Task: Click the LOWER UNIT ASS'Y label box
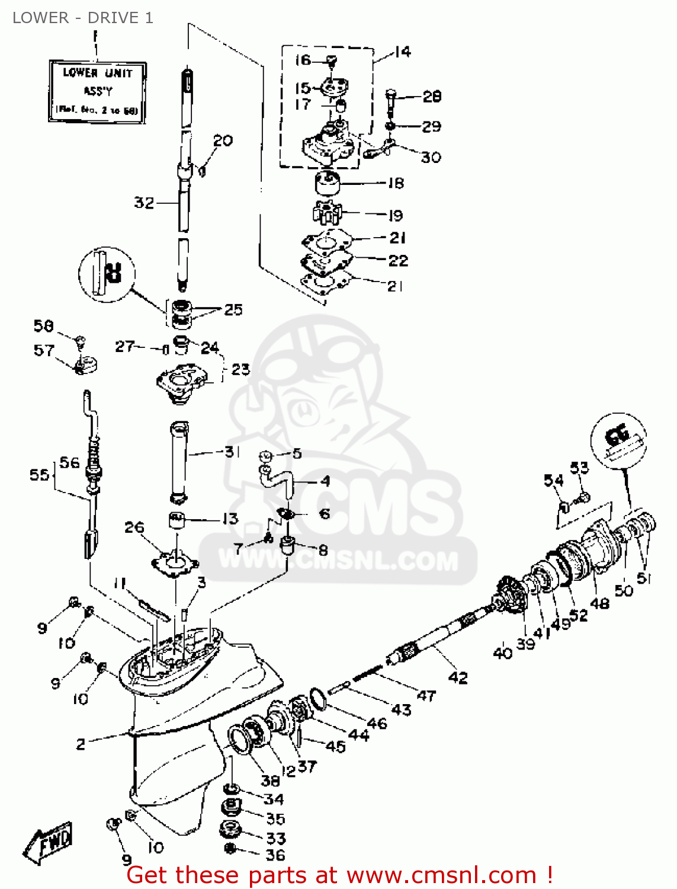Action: (x=97, y=91)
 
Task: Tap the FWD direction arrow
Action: (x=49, y=842)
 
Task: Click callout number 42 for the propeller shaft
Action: (x=458, y=677)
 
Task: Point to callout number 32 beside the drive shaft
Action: (x=144, y=203)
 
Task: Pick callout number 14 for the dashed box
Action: (x=402, y=52)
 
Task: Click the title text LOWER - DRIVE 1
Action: (x=83, y=18)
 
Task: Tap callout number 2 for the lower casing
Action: (x=81, y=744)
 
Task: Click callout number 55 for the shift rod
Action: (x=39, y=475)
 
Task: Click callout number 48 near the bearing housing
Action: (x=600, y=603)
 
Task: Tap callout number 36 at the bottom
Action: (x=275, y=855)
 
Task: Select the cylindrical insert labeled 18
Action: (x=326, y=183)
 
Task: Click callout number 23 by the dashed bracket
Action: (x=240, y=369)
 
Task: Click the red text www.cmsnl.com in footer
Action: (x=441, y=875)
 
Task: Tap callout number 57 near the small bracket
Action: (x=44, y=350)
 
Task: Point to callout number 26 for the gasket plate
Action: (x=134, y=527)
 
